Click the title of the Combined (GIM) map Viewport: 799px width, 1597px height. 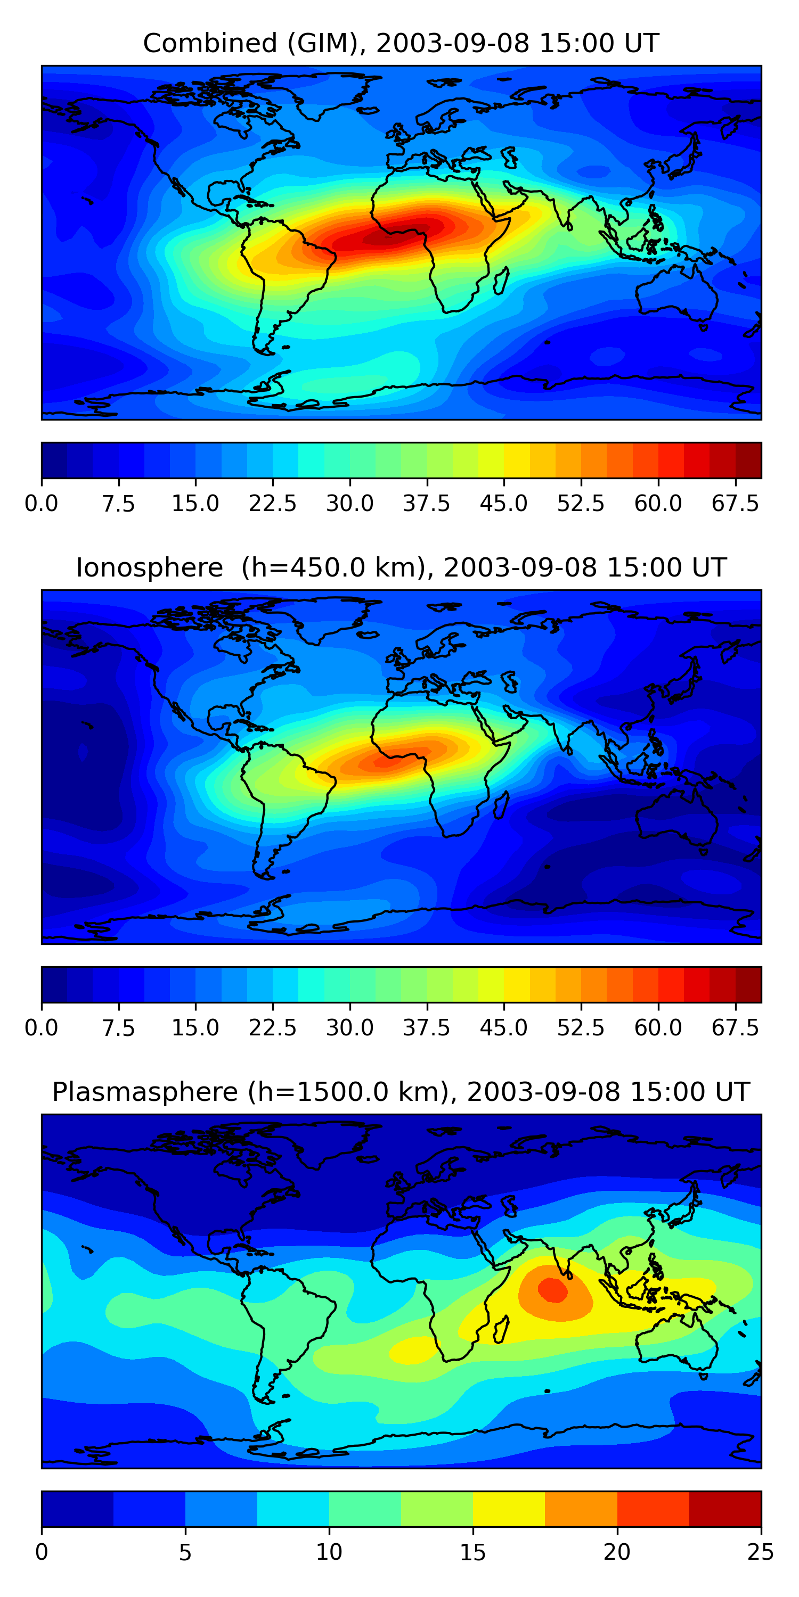(x=400, y=44)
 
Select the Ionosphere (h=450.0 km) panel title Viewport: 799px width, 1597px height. (x=400, y=568)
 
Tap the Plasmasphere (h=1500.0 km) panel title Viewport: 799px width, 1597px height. (x=400, y=1092)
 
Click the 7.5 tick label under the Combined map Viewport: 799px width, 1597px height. (x=118, y=504)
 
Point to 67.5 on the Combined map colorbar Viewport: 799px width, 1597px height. (x=735, y=504)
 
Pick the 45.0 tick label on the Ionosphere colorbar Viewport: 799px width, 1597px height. (x=504, y=1028)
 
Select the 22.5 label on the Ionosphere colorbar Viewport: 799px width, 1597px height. (x=272, y=1028)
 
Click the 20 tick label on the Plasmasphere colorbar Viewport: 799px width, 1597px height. (x=617, y=1552)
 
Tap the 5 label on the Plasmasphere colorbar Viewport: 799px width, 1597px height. (x=185, y=1552)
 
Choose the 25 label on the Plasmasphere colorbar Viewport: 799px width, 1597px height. (x=761, y=1552)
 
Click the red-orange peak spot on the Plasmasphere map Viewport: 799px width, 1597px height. (x=552, y=1289)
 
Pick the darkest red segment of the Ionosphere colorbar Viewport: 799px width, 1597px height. (x=748, y=984)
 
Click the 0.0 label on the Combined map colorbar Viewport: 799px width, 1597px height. (x=41, y=504)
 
